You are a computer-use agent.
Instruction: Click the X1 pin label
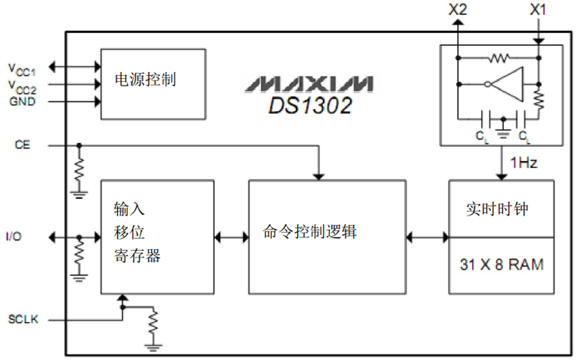click(538, 10)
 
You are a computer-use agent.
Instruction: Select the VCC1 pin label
click(22, 68)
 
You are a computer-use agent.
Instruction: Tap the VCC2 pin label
click(22, 85)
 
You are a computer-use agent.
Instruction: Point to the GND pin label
click(22, 101)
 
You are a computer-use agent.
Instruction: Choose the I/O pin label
click(14, 236)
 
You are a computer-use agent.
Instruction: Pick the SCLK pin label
click(24, 319)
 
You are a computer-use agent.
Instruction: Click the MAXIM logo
click(310, 84)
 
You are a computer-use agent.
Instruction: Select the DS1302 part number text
click(310, 105)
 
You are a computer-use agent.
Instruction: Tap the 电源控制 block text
click(145, 79)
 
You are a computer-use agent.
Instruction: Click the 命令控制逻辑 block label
click(310, 232)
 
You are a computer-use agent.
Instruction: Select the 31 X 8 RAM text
click(501, 265)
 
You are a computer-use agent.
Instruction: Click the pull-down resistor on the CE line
click(78, 170)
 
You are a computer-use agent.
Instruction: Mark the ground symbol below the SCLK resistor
click(153, 346)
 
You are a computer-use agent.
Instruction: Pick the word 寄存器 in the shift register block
click(137, 256)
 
